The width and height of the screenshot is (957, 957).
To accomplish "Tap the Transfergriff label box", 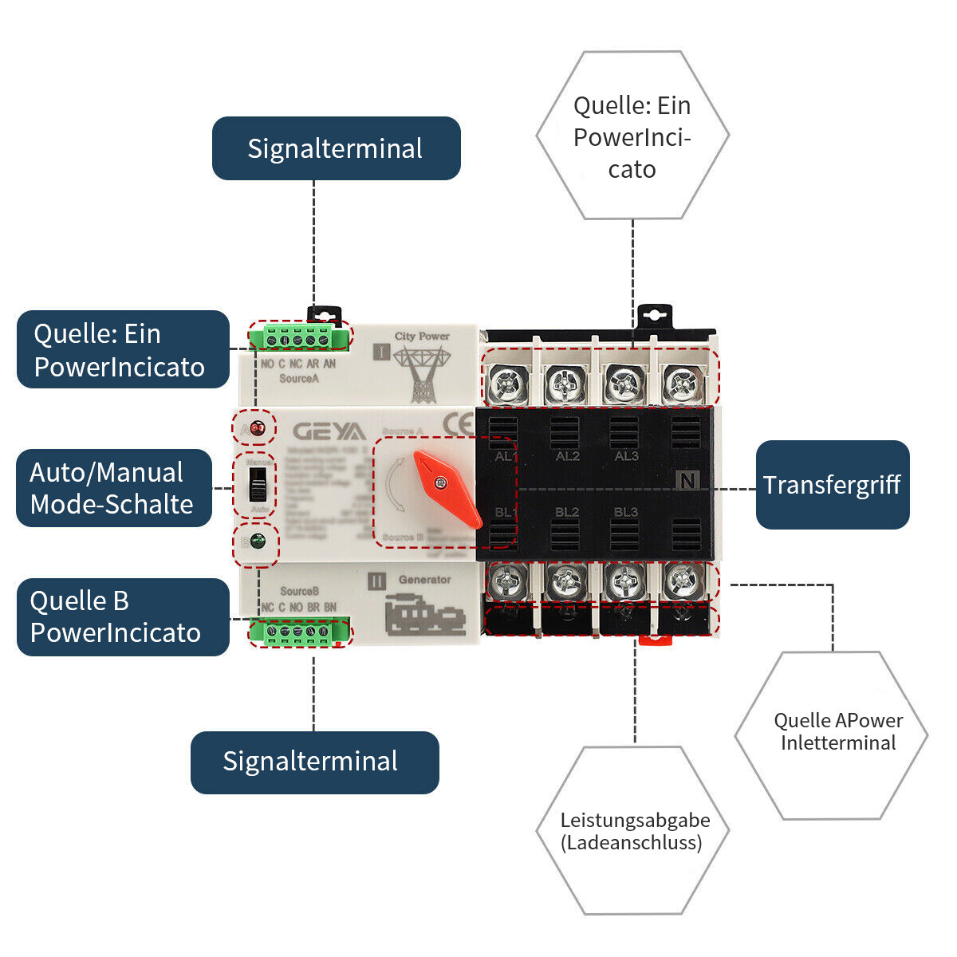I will pyautogui.click(x=832, y=485).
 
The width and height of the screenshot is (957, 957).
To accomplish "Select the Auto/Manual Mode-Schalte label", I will pyautogui.click(x=113, y=488).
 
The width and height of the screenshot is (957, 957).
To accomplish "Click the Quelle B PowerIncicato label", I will pyautogui.click(x=122, y=617).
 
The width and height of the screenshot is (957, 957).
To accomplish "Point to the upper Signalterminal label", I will pyautogui.click(x=336, y=148).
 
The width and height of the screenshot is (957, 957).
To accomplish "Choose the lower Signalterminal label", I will pyautogui.click(x=314, y=762).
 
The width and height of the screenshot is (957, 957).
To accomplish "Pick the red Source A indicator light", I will pyautogui.click(x=257, y=429).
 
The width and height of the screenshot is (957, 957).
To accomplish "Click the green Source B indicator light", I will pyautogui.click(x=257, y=542).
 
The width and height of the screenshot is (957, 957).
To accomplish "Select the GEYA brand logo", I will pyautogui.click(x=329, y=431).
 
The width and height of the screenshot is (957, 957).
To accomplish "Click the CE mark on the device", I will pyautogui.click(x=459, y=424).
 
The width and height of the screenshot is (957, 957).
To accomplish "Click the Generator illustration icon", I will pyautogui.click(x=424, y=615).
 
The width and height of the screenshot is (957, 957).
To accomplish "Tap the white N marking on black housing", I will pyautogui.click(x=687, y=480).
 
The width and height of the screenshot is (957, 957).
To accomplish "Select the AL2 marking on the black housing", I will pyautogui.click(x=567, y=456).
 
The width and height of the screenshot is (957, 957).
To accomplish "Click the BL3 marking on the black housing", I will pyautogui.click(x=625, y=512).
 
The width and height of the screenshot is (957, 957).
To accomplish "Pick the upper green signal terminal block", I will pyautogui.click(x=298, y=338).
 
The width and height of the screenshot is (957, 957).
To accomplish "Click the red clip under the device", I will pyautogui.click(x=652, y=639).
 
